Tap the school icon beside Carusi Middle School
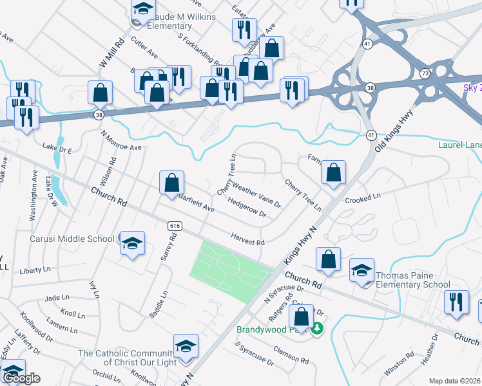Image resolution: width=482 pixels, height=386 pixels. pyautogui.click(x=132, y=243)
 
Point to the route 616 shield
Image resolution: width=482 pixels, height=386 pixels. pyautogui.click(x=174, y=226)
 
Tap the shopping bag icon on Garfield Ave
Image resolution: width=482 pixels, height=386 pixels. pyautogui.click(x=172, y=183)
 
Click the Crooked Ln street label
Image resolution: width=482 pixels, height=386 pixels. pyautogui.click(x=363, y=198)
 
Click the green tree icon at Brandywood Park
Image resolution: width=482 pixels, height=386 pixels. pyautogui.click(x=316, y=329)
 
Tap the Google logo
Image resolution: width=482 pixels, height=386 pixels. pyautogui.click(x=21, y=378)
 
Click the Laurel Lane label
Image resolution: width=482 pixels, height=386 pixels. pyautogui.click(x=459, y=145)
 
